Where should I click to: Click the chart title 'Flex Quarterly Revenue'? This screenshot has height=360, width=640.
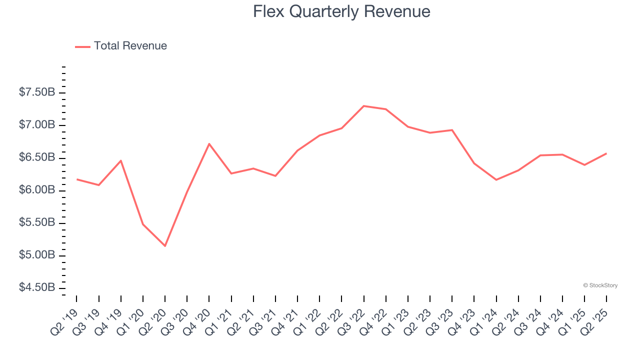pyautogui.click(x=341, y=11)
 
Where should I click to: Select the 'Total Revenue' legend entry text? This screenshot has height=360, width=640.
pyautogui.click(x=130, y=46)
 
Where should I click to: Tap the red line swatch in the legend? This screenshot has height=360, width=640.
pyautogui.click(x=82, y=46)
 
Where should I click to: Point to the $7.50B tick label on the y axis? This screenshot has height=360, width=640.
pyautogui.click(x=37, y=92)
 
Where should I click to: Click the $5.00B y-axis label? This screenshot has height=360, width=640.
pyautogui.click(x=37, y=255)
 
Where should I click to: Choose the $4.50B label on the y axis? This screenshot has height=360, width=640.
pyautogui.click(x=37, y=288)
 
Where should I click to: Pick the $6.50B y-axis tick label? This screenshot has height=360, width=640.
pyautogui.click(x=37, y=157)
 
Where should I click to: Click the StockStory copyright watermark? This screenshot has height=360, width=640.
pyautogui.click(x=600, y=285)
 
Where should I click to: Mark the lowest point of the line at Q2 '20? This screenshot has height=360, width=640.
pyautogui.click(x=165, y=246)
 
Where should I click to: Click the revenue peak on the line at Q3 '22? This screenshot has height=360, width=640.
pyautogui.click(x=363, y=106)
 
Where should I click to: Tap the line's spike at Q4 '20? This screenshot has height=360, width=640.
pyautogui.click(x=209, y=143)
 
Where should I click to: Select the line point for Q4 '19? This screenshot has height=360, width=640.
pyautogui.click(x=121, y=160)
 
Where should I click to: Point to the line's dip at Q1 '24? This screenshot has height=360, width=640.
pyautogui.click(x=496, y=179)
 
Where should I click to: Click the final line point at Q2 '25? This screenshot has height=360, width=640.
pyautogui.click(x=606, y=153)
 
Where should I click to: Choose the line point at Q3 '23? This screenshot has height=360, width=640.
pyautogui.click(x=452, y=130)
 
